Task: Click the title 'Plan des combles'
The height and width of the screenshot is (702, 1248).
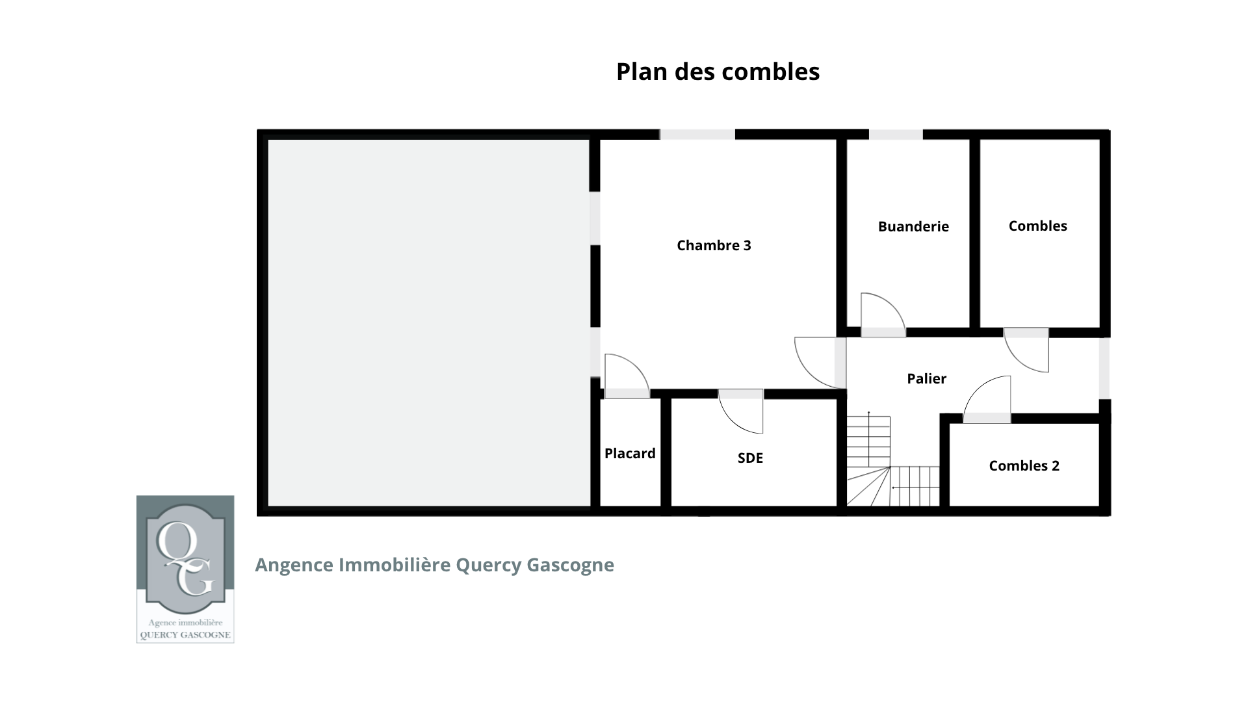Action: [718, 71]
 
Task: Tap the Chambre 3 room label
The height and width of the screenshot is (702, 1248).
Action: [714, 245]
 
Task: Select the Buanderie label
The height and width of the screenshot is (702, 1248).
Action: [913, 226]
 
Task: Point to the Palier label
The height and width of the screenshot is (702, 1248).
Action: [926, 378]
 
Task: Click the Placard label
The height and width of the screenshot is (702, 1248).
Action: [630, 453]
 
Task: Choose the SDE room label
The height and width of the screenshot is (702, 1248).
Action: [750, 458]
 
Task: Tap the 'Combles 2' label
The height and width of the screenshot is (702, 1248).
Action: [1024, 465]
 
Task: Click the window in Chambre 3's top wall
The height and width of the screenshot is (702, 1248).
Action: [697, 135]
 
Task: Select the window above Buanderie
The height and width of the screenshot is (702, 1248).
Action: [896, 135]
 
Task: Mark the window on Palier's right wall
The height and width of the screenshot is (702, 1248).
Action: [1104, 368]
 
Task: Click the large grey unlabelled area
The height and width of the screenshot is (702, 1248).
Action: [429, 323]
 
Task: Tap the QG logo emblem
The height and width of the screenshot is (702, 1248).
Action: [185, 569]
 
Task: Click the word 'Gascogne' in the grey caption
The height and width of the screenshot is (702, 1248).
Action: [570, 565]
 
